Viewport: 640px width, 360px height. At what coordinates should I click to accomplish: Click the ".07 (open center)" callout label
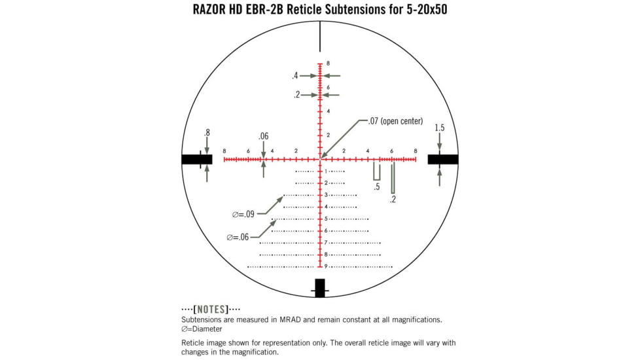pos(395,121)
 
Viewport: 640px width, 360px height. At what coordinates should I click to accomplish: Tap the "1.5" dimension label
pos(439,128)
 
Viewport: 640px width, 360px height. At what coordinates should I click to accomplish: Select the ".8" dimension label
pos(207,133)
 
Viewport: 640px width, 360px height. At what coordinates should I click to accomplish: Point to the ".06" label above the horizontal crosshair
pos(263,136)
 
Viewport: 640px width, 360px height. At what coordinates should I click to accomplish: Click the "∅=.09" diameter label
pos(243,214)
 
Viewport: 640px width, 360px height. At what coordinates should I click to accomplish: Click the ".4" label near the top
pos(295,76)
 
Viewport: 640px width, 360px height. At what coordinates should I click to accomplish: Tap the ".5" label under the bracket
pos(377,187)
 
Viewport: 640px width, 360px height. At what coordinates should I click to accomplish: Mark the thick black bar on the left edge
pos(196,159)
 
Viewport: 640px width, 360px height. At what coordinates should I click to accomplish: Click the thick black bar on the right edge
pos(443,159)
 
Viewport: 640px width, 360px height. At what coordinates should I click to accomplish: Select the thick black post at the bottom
pos(320,288)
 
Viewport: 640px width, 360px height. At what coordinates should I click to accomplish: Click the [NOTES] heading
pos(211,309)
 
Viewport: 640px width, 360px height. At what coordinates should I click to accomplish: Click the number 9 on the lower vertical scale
pos(326,266)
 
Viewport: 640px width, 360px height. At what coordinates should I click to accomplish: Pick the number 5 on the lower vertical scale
pos(326,219)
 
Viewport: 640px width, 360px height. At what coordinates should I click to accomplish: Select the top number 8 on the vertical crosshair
pos(328,63)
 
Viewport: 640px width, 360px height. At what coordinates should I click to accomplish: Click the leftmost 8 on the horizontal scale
pos(224,151)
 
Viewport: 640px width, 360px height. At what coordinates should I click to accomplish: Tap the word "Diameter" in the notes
pos(205,329)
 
